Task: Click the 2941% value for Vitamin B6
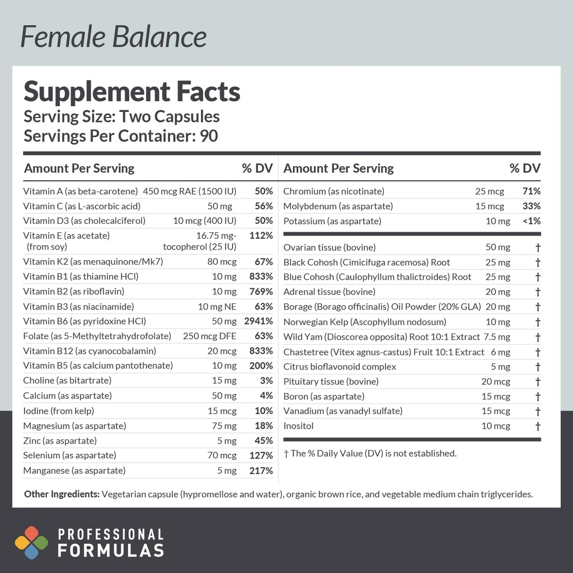pos(258,321)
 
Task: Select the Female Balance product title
pos(114,36)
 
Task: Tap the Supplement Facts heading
pos(132,92)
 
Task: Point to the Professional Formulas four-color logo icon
pos(31,542)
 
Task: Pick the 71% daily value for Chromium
pos(531,191)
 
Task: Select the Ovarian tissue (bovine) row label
pos(330,247)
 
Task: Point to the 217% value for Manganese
pos(261,471)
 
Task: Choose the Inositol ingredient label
pos(298,426)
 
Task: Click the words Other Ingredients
pos(62,494)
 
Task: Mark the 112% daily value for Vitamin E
pos(261,236)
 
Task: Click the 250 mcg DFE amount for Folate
pos(210,336)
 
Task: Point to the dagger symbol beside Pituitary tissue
pos(538,382)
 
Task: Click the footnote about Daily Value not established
pos(370,453)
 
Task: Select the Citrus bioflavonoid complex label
pos(340,367)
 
